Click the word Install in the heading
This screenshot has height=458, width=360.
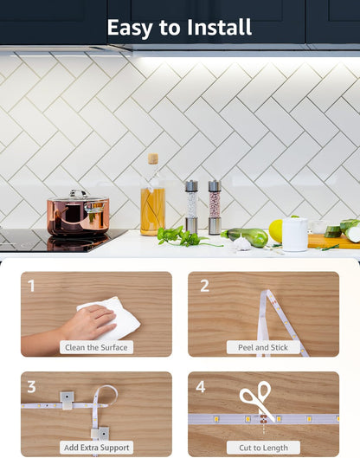coord(219,27)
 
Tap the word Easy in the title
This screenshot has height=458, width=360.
coord(130,29)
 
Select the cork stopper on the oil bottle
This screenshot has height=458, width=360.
coord(153,158)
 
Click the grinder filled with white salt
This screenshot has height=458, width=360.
coord(191,207)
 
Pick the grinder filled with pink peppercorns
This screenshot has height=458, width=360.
coord(215,207)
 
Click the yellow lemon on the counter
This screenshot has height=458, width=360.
coord(276,231)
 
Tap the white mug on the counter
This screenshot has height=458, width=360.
coord(295,235)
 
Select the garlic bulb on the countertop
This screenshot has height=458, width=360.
coord(242,243)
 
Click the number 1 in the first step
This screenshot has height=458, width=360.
coord(31,286)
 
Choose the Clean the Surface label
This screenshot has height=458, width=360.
coord(96,347)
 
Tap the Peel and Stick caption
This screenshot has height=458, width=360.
coord(263,347)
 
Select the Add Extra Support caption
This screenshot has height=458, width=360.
coord(96,448)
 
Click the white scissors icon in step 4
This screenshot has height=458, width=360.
coord(257,398)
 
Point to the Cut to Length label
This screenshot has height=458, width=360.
coord(263,448)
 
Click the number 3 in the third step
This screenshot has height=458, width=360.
coord(31,387)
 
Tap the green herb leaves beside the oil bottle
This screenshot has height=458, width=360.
coord(181,236)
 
